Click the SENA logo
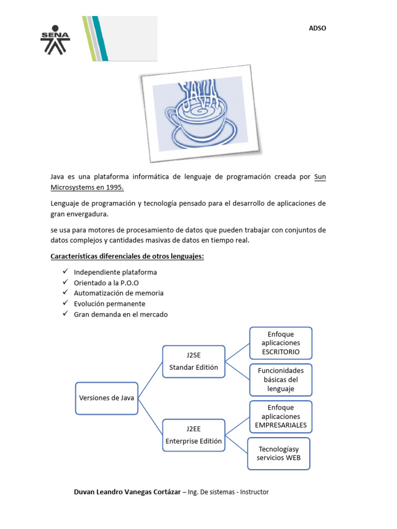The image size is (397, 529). (54, 40)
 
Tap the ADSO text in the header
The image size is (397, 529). (317, 28)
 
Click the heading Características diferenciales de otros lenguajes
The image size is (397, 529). (127, 256)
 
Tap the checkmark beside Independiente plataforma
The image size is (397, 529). (65, 272)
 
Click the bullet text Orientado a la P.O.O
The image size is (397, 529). (106, 283)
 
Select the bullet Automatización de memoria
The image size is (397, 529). (118, 293)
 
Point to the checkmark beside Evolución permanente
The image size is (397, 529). (65, 304)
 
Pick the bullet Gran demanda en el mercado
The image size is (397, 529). (120, 314)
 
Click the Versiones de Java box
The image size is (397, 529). (106, 398)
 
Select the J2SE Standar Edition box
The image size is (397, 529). (194, 361)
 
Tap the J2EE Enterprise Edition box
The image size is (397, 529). (194, 434)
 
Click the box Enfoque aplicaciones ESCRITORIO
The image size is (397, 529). (281, 343)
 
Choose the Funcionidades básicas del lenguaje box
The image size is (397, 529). (281, 380)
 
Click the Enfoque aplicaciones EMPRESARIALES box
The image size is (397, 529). (281, 416)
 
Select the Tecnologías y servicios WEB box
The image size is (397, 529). (279, 454)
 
